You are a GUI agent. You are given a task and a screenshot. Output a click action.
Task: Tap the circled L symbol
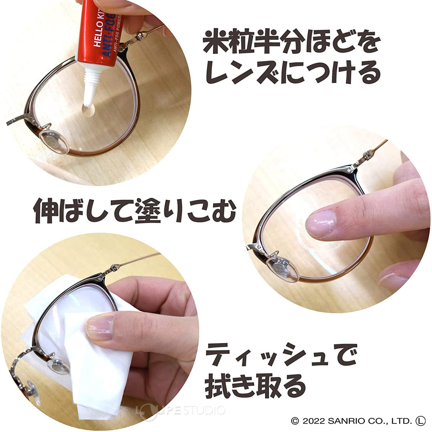pos(420,420)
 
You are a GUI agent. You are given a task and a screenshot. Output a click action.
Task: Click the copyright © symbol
pos(295,421)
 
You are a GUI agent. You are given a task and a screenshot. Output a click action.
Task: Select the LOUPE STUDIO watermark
pos(180,410)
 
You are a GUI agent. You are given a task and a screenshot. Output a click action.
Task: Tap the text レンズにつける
pos(292,72)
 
